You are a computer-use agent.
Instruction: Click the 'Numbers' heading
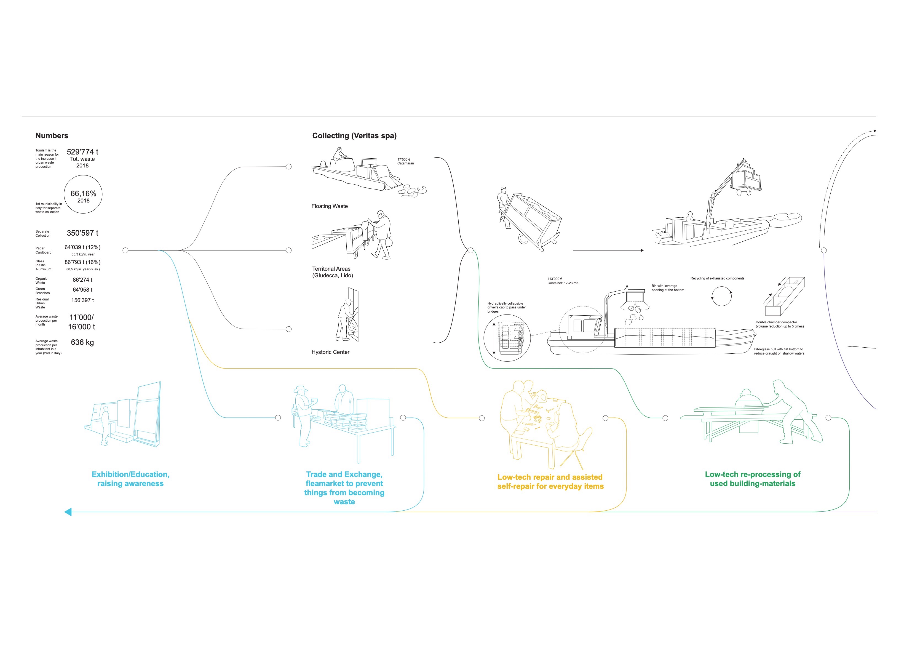pyautogui.click(x=52, y=135)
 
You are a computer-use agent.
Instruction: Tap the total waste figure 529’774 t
pyautogui.click(x=82, y=152)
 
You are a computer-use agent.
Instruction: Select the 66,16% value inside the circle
pyautogui.click(x=83, y=194)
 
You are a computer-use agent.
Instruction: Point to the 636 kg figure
pyautogui.click(x=82, y=342)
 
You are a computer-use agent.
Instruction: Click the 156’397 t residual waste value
pyautogui.click(x=82, y=300)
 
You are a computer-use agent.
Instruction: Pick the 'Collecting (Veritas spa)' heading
pyautogui.click(x=354, y=135)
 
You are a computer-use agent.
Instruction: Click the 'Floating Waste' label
pyautogui.click(x=329, y=206)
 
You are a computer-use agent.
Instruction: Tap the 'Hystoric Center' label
pyautogui.click(x=330, y=352)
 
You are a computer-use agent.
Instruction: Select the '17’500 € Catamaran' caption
pyautogui.click(x=405, y=161)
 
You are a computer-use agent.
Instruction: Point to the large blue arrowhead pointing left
pyautogui.click(x=68, y=512)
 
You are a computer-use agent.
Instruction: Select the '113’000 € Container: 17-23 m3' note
pyautogui.click(x=563, y=281)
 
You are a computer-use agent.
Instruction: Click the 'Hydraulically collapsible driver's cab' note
pyautogui.click(x=506, y=307)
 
